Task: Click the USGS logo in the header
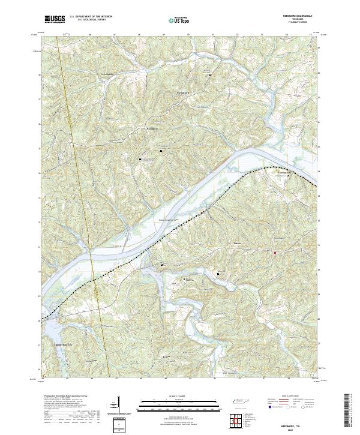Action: click(x=55, y=19)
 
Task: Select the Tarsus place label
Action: click(x=238, y=244)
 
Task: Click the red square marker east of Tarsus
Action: click(x=275, y=253)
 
